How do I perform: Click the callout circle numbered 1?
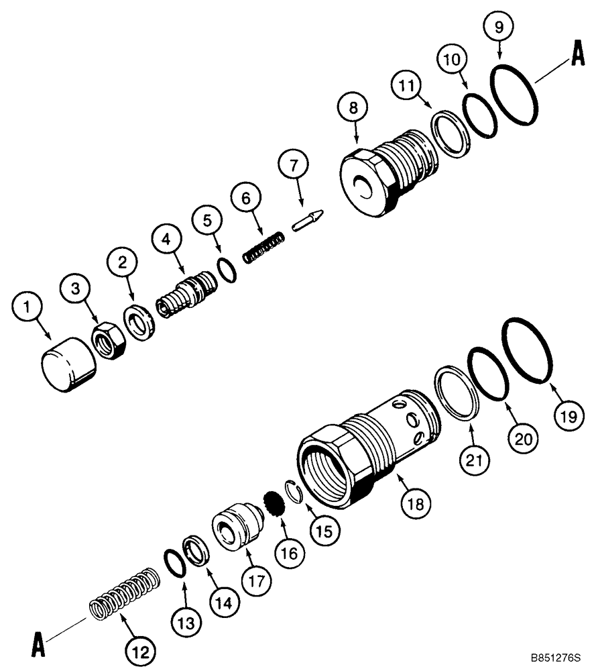(x=27, y=310)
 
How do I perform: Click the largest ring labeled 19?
(x=529, y=352)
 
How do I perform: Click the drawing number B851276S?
(x=554, y=659)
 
